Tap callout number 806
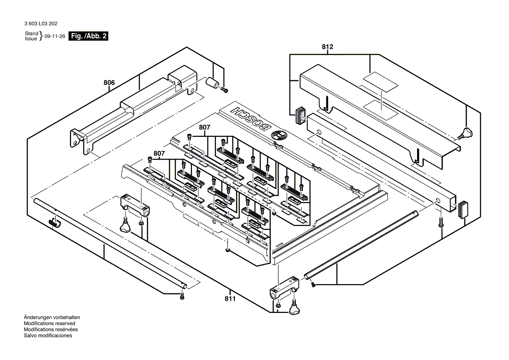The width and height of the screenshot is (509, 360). tap(109, 82)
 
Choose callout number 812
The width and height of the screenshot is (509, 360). tap(328, 47)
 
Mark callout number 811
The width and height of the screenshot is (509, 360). tap(230, 299)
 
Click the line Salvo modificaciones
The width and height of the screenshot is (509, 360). tap(48, 336)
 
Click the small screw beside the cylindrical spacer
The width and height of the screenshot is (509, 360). tap(225, 90)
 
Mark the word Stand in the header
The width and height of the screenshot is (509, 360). tap(31, 34)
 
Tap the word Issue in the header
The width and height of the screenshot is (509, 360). tap(31, 39)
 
